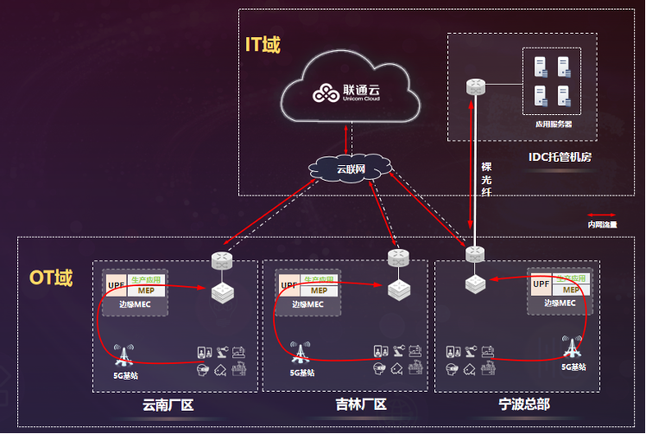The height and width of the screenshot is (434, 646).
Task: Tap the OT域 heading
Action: [52, 278]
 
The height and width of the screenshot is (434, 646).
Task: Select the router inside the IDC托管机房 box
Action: [475, 86]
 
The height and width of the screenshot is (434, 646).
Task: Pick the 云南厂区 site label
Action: [168, 405]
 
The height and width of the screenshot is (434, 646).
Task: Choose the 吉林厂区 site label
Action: [360, 405]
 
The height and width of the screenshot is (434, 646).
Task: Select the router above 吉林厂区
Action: [398, 258]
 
